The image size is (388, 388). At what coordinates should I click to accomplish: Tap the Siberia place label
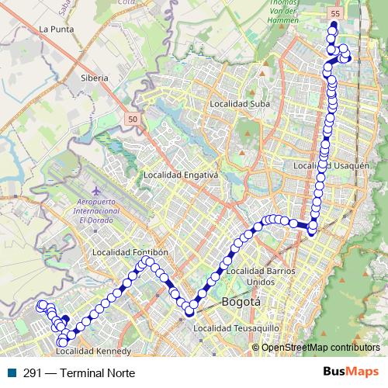pyautogui.click(x=94, y=78)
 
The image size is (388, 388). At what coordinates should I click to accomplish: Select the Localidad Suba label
pyautogui.click(x=239, y=102)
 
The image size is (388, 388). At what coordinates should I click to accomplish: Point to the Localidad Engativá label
pyautogui.click(x=182, y=175)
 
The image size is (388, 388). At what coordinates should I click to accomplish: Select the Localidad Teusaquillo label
pyautogui.click(x=236, y=329)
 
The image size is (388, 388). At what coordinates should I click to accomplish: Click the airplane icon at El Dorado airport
pyautogui.click(x=96, y=190)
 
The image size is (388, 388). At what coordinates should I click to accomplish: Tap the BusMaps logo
pyautogui.click(x=351, y=372)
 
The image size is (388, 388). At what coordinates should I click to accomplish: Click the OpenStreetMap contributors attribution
pyautogui.click(x=320, y=347)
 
